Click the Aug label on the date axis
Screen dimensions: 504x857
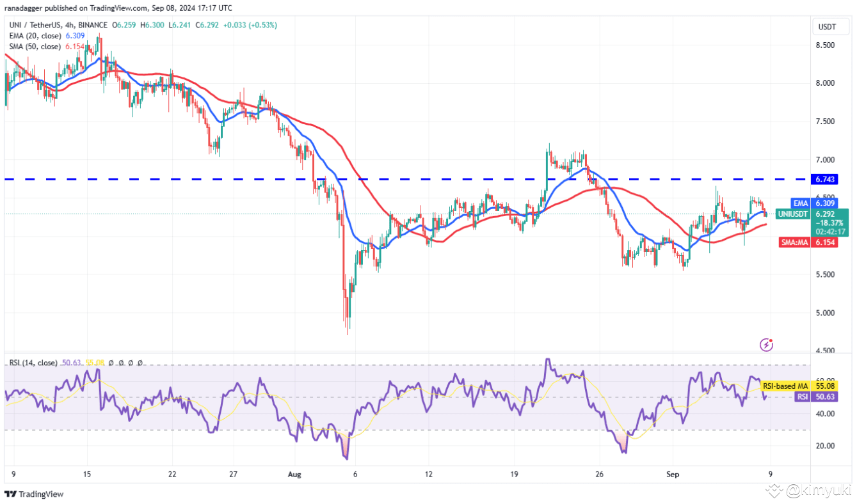[294, 475]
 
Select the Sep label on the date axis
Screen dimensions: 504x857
[673, 475]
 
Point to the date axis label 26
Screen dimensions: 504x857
[600, 475]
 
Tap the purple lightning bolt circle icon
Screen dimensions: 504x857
[766, 345]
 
